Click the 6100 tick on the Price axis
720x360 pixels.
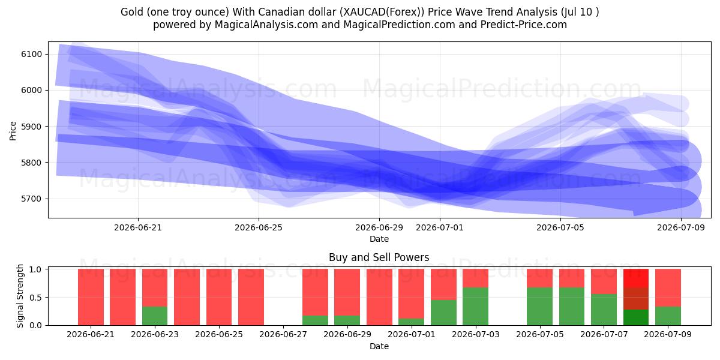pos(31,54)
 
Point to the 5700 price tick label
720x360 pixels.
pos(31,199)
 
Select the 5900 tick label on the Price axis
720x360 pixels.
pos(31,127)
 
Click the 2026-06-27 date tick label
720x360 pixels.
pos(283,335)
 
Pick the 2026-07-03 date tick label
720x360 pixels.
pos(476,335)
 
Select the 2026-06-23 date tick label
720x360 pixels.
pos(155,335)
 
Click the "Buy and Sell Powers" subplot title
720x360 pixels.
pos(379,257)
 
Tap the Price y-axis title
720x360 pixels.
pos(13,131)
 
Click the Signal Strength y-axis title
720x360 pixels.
pos(20,296)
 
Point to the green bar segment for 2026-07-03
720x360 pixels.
pos(476,307)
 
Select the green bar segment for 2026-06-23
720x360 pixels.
pos(155,316)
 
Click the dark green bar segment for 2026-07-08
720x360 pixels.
pos(636,317)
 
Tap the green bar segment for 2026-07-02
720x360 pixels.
pos(443,313)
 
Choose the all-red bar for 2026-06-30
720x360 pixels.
pos(379,297)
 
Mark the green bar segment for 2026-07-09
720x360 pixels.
pos(668,316)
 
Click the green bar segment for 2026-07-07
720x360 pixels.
pos(604,310)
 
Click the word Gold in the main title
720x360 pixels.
pos(132,12)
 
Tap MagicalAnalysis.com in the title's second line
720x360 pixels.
pos(266,25)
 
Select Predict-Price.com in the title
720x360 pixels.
pos(524,25)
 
